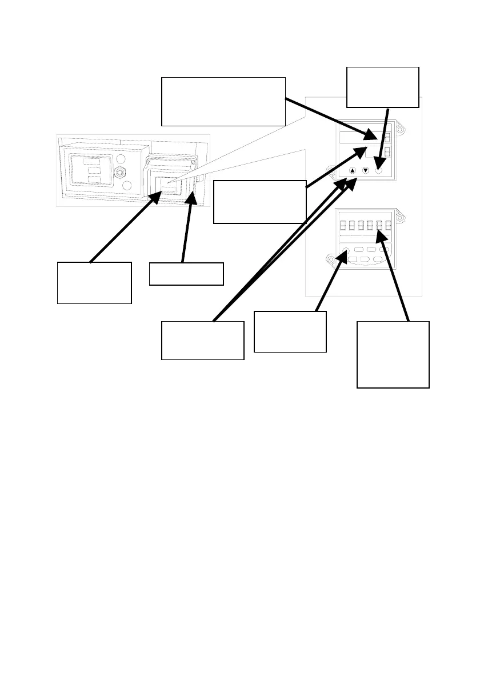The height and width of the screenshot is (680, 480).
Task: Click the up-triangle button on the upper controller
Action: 353,170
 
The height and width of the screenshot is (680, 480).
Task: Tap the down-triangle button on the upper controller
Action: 366,170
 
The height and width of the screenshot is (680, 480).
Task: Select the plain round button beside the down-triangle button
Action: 378,170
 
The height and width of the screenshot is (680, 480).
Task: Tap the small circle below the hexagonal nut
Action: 127,185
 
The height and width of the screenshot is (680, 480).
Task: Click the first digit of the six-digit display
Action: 344,225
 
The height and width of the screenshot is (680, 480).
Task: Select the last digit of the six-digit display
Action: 388,225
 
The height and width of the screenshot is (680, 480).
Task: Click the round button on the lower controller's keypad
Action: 346,250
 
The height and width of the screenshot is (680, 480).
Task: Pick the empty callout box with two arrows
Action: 202,340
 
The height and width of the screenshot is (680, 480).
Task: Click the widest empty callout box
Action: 223,101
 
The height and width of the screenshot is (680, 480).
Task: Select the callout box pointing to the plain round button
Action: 383,87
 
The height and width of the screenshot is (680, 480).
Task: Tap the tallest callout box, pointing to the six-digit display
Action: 393,354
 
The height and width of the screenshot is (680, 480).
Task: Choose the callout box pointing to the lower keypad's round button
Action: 290,331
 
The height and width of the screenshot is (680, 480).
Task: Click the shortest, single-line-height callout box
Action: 186,274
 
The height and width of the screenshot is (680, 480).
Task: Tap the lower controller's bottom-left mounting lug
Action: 331,259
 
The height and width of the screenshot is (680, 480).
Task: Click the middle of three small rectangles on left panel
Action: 90,170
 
